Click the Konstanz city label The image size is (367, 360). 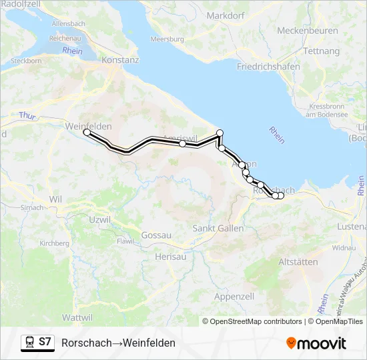(120, 59)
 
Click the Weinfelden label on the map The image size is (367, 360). (89, 125)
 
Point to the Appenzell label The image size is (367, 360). (234, 296)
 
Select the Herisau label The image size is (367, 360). (168, 256)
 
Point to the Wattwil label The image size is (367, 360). (76, 316)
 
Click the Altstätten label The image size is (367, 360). (298, 262)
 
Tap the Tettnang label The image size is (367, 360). (321, 51)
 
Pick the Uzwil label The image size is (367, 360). (99, 219)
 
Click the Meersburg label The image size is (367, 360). (167, 39)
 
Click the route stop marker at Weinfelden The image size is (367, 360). (87, 133)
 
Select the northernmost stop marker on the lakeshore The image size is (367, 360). (220, 133)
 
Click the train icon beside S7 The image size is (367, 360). (29, 343)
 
